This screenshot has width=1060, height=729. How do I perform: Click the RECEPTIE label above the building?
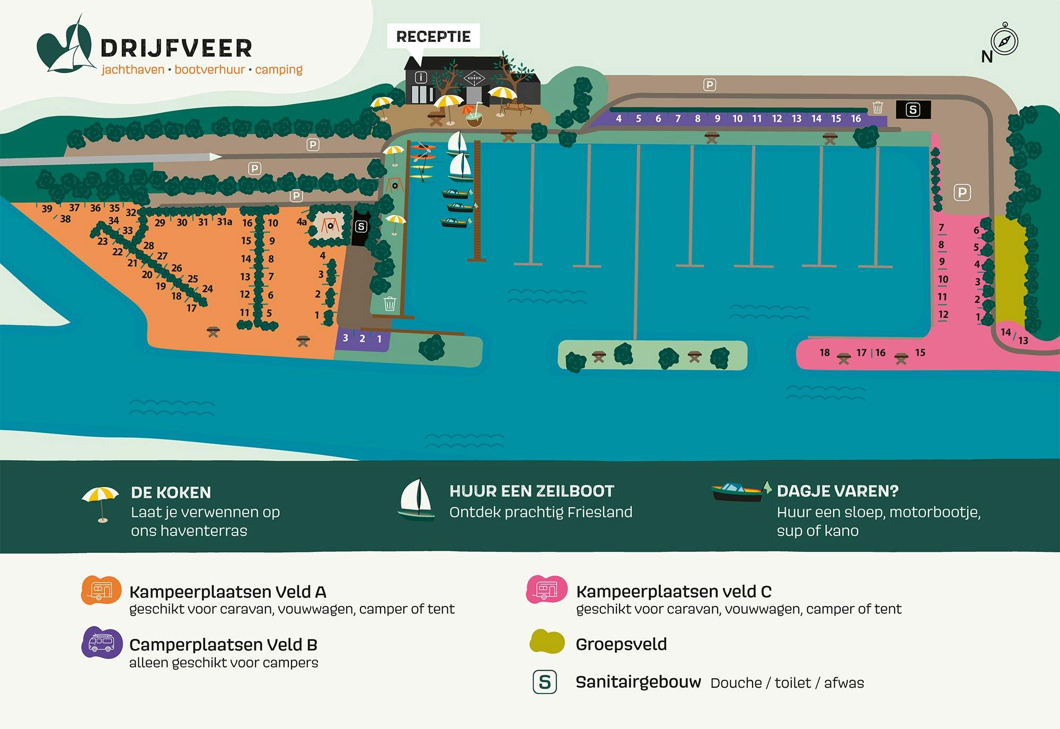pyautogui.click(x=433, y=37)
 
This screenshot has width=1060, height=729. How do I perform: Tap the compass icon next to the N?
pyautogui.click(x=1004, y=40)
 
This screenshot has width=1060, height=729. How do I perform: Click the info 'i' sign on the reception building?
pyautogui.click(x=420, y=77)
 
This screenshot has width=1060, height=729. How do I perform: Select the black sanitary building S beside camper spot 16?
pyautogui.click(x=913, y=110)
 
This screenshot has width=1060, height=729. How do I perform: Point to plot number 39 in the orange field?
pyautogui.click(x=47, y=208)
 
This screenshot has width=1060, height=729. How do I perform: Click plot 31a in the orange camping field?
pyautogui.click(x=224, y=222)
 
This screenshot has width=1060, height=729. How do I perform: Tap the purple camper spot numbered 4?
pyautogui.click(x=619, y=119)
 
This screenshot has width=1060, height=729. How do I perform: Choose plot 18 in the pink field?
pyautogui.click(x=825, y=353)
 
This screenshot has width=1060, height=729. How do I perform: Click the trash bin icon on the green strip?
pyautogui.click(x=390, y=304)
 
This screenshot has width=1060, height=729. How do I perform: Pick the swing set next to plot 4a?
pyautogui.click(x=330, y=226)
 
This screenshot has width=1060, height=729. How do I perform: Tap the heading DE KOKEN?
pyautogui.click(x=171, y=493)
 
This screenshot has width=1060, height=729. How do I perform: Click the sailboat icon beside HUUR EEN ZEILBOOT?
pyautogui.click(x=417, y=499)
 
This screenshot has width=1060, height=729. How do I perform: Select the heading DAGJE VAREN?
pyautogui.click(x=837, y=491)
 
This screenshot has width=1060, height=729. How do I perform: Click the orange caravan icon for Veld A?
pyautogui.click(x=101, y=590)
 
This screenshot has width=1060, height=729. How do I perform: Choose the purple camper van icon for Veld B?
pyautogui.click(x=101, y=643)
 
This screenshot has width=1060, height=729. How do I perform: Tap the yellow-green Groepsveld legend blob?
pyautogui.click(x=547, y=642)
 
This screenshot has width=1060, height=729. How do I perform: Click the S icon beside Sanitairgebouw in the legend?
pyautogui.click(x=545, y=682)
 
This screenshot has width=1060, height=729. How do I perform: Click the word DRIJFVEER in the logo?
pyautogui.click(x=176, y=48)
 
